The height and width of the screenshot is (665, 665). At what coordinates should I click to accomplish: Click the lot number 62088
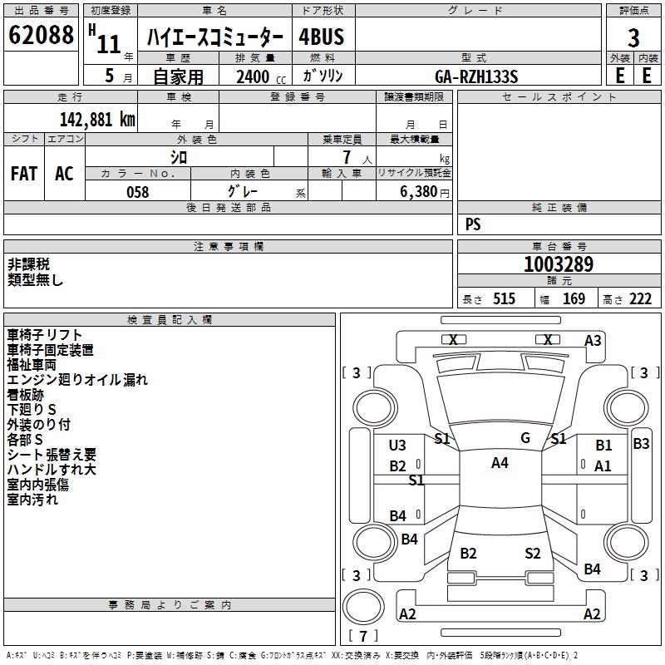40,36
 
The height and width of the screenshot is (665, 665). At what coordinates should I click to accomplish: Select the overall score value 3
633,38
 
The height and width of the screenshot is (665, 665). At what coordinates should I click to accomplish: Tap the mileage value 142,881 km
97,119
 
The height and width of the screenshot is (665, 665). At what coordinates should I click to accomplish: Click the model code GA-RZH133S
476,76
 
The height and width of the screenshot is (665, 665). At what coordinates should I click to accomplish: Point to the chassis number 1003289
559,264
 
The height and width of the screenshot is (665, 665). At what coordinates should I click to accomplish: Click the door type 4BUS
321,37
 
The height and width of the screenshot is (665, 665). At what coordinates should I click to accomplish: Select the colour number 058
137,192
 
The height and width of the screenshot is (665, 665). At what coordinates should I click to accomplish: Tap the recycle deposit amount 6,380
413,192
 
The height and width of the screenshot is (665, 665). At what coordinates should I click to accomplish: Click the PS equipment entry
473,224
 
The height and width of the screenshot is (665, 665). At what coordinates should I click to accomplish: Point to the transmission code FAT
23,174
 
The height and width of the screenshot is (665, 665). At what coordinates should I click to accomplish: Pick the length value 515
504,299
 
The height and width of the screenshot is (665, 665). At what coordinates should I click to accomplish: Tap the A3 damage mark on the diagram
593,341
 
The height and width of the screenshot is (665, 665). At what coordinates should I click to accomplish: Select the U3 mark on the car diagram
397,446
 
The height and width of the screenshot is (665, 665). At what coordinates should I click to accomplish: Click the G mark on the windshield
525,438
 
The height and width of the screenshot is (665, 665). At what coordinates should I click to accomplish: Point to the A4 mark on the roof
500,463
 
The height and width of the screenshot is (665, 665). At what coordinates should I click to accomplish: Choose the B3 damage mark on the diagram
641,444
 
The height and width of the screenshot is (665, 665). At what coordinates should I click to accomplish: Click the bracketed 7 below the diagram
362,637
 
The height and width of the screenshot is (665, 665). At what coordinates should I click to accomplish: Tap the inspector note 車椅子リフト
44,334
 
